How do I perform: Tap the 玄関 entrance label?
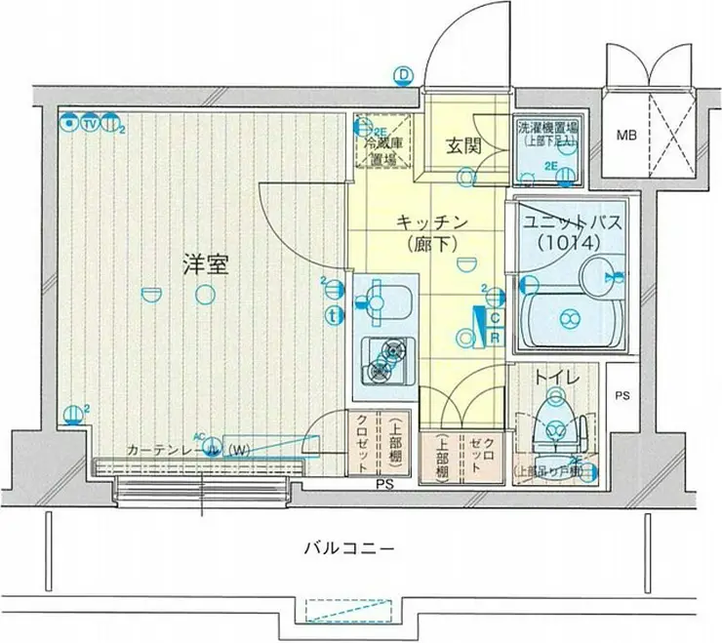point(464,146)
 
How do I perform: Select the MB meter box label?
point(625,135)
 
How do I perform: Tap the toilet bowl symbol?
point(557,422)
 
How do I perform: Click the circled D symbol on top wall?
point(402,75)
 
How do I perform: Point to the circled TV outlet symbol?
point(90,123)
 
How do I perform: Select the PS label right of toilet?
point(622,395)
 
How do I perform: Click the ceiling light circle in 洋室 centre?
point(204,294)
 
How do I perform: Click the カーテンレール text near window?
point(162,450)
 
